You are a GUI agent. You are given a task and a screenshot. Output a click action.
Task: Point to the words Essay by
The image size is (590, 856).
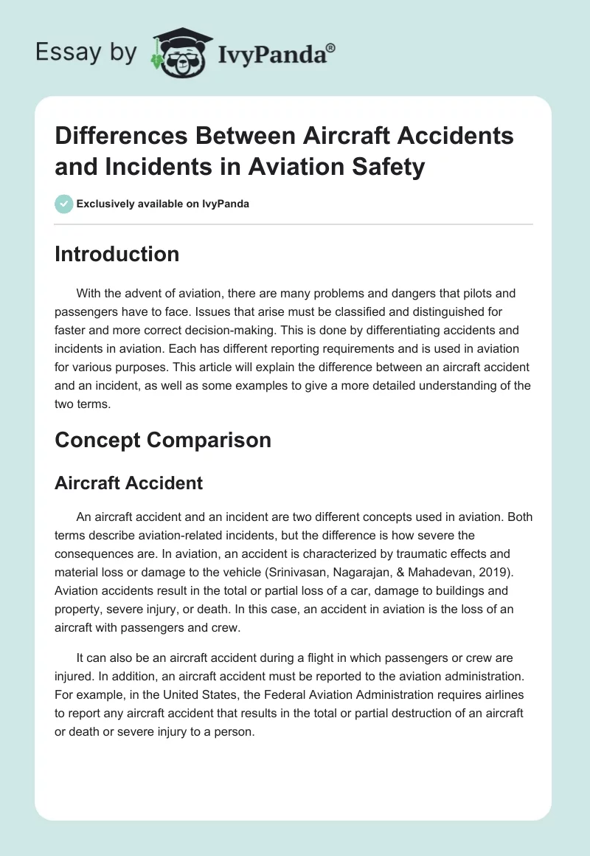[86, 52]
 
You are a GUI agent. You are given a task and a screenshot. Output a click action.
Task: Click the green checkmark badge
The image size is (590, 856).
[64, 204]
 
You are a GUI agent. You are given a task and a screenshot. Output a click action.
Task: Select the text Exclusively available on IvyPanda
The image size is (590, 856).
[163, 204]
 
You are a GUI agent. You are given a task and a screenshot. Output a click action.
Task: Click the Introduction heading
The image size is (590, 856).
[117, 254]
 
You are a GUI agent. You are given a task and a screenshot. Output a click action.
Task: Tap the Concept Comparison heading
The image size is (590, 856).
[163, 440]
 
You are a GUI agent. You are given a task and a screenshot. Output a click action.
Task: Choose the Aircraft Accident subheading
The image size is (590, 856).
[129, 483]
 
